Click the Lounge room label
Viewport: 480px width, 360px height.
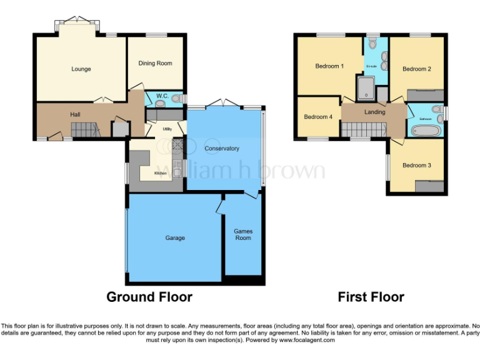(81, 69)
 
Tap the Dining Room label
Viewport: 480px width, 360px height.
(155, 63)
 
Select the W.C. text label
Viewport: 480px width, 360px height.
(162, 96)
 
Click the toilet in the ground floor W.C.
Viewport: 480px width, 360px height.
(177, 98)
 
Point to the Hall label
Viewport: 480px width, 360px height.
(75, 114)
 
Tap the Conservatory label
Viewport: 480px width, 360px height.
(222, 148)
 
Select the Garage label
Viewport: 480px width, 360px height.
(175, 237)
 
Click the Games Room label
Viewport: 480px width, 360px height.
(242, 234)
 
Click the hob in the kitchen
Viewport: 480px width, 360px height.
(176, 146)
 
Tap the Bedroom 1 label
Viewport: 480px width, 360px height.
(329, 66)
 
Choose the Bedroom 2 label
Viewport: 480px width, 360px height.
(417, 69)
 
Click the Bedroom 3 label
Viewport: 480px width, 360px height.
(417, 165)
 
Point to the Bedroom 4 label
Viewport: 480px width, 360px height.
(318, 117)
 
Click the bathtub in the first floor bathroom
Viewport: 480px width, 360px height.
(425, 131)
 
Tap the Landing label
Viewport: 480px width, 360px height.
(374, 112)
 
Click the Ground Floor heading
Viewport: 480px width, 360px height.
(149, 297)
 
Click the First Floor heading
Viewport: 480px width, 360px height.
(371, 297)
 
